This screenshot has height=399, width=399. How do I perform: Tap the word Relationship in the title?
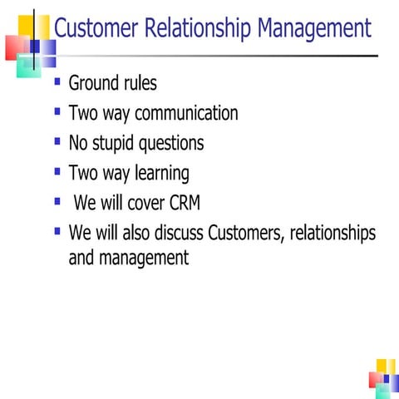(x=198, y=30)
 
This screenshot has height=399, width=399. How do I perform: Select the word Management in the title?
(x=314, y=30)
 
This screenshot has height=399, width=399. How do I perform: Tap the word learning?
(x=159, y=174)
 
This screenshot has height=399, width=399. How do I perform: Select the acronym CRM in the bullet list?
(x=183, y=202)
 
